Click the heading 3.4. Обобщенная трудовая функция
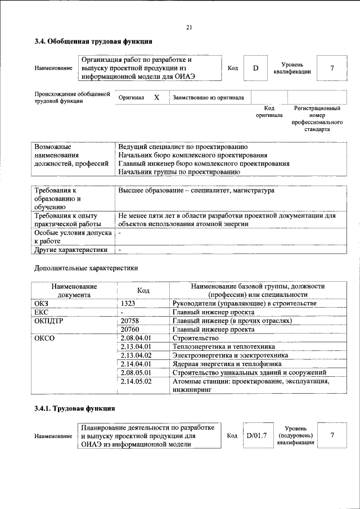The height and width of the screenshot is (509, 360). click(93, 41)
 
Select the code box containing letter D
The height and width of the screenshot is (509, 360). click(255, 68)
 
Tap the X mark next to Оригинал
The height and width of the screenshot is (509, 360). click(156, 97)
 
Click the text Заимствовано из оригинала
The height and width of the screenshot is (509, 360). click(208, 97)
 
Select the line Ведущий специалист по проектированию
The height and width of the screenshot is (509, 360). click(179, 146)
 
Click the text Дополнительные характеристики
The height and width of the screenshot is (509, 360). click(85, 269)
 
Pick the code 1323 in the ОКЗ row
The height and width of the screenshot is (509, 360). click(128, 303)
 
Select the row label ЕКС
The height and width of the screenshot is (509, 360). click(42, 312)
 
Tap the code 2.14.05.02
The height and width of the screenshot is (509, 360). click(136, 381)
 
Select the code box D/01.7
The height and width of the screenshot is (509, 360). click(256, 435)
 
